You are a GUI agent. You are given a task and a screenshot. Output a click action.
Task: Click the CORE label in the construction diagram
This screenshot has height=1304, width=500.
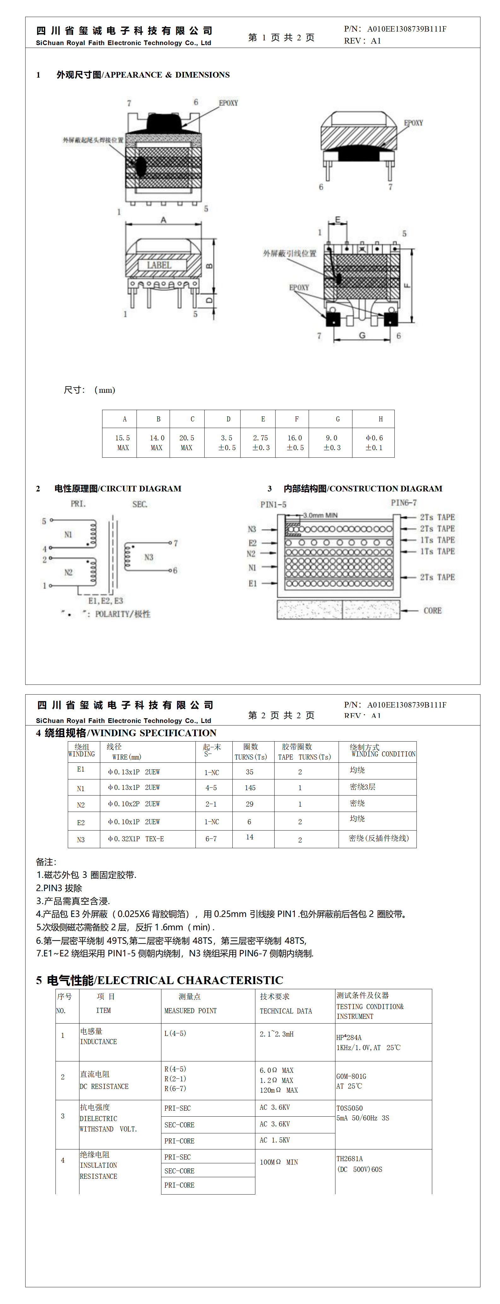pos(432,610)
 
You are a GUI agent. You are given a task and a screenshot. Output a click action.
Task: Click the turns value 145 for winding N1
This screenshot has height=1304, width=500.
pos(250,788)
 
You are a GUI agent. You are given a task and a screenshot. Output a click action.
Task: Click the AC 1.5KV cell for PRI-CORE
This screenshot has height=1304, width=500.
pos(275,1140)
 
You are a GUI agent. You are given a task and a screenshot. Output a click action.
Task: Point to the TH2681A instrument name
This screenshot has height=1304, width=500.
pos(350,1158)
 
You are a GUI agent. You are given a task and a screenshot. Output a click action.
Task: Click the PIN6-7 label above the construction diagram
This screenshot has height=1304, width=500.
pos(403,503)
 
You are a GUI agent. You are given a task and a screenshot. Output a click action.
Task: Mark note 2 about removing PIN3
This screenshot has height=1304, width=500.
pos(59,888)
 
